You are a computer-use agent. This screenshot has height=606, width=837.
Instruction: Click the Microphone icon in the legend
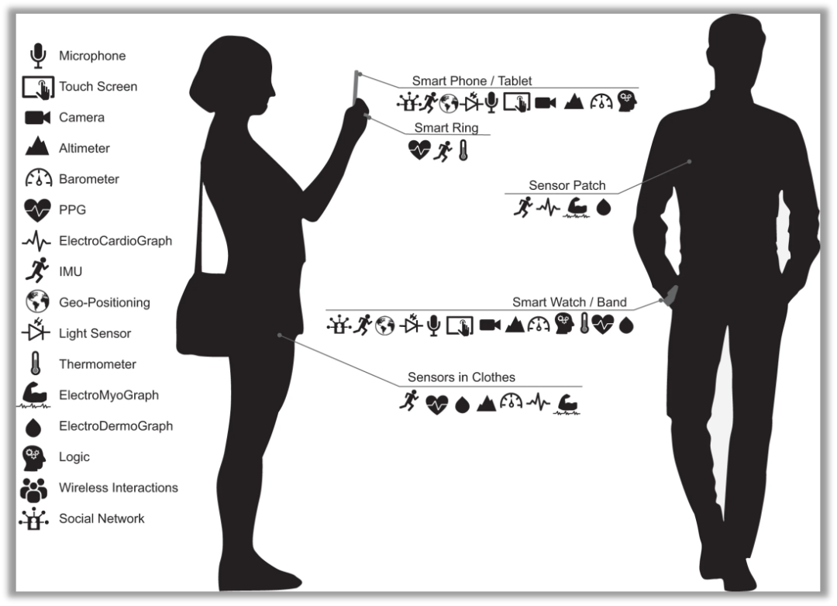(x=36, y=56)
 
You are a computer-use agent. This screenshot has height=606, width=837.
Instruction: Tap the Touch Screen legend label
(x=98, y=87)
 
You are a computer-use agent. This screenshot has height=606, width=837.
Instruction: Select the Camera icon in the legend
(x=37, y=118)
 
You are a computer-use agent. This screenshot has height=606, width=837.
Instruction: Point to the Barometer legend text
(x=89, y=179)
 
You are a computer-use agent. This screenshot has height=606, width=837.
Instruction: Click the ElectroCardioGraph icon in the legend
(x=36, y=241)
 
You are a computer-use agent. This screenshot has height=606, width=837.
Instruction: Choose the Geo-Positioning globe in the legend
(x=36, y=302)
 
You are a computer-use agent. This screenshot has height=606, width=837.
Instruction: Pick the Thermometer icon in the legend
(x=35, y=363)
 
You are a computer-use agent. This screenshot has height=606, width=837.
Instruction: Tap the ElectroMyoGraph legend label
(x=108, y=395)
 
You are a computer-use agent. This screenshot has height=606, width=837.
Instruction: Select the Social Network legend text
(x=102, y=518)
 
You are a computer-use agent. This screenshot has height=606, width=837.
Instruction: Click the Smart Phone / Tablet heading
(x=471, y=81)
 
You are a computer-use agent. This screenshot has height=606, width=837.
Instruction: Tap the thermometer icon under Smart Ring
(x=463, y=150)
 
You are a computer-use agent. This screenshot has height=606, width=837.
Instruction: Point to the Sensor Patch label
(x=567, y=186)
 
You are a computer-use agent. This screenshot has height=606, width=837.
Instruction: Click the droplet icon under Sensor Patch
(x=604, y=208)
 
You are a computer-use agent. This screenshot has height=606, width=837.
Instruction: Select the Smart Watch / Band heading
(x=569, y=302)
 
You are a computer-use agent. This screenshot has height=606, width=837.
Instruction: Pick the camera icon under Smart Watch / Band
(x=490, y=325)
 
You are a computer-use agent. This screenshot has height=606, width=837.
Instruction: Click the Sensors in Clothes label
(x=461, y=377)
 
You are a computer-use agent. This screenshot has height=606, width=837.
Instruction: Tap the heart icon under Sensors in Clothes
(x=437, y=404)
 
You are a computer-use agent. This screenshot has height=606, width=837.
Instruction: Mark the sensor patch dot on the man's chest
(x=688, y=162)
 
